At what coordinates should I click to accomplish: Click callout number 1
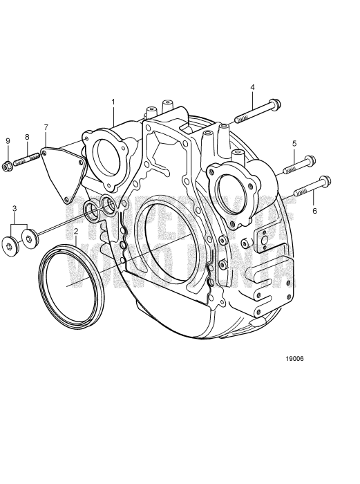click(x=113, y=102)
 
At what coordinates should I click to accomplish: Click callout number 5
click(x=294, y=143)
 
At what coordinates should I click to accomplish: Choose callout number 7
click(x=46, y=127)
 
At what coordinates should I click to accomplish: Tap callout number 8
click(x=27, y=137)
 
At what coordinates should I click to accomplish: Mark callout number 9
click(x=8, y=141)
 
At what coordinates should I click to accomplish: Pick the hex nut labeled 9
click(x=8, y=165)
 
